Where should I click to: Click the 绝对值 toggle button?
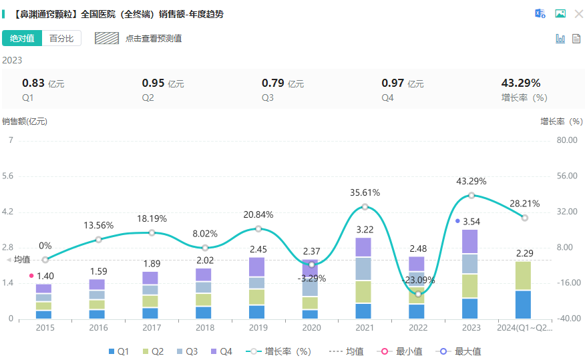click(x=22, y=38)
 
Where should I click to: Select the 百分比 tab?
click(x=61, y=38)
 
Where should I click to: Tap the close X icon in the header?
click(x=578, y=13)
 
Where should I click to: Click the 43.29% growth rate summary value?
click(x=520, y=83)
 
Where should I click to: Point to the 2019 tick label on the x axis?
click(x=258, y=328)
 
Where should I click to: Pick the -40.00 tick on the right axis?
click(x=566, y=319)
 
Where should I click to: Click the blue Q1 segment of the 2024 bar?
click(x=523, y=305)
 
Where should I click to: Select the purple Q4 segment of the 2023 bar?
click(x=469, y=241)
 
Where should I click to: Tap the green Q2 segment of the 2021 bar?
click(x=363, y=291)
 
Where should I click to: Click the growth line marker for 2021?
click(x=365, y=206)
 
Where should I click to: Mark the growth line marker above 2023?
click(x=471, y=195)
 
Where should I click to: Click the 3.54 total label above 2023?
click(x=471, y=221)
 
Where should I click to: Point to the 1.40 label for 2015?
click(x=45, y=276)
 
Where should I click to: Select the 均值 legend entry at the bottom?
click(x=347, y=351)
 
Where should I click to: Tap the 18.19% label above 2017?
click(x=152, y=218)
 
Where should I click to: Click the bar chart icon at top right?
click(x=560, y=39)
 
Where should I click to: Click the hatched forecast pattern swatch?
click(x=107, y=38)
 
